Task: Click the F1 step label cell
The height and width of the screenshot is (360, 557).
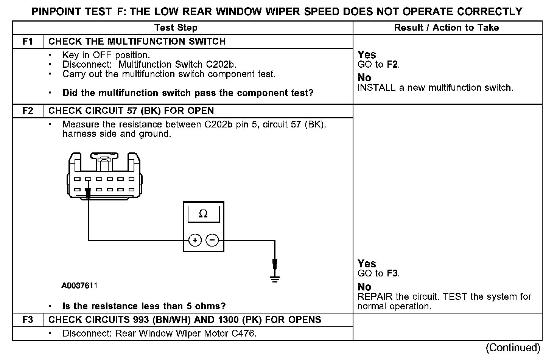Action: tap(28, 42)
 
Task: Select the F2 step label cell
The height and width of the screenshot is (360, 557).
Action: tap(28, 111)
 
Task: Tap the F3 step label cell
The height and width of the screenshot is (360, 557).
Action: tap(28, 320)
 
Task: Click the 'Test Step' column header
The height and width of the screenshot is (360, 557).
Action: tap(176, 28)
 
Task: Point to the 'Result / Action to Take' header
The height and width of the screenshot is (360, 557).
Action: tap(447, 28)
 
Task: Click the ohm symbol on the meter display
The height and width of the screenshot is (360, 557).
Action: tap(203, 214)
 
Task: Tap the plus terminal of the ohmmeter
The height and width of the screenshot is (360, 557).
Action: tap(195, 240)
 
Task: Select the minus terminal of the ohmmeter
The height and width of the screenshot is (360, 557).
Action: tap(212, 240)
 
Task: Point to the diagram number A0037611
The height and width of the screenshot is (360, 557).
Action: tap(79, 286)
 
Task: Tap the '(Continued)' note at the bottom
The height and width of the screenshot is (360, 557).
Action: tap(513, 348)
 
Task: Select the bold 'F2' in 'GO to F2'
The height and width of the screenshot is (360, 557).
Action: tap(392, 65)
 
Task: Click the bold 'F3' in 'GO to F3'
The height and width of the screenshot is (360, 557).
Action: tap(392, 273)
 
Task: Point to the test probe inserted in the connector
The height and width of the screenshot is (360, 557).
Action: tap(88, 194)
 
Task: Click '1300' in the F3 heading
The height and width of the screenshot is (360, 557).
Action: tap(228, 320)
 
